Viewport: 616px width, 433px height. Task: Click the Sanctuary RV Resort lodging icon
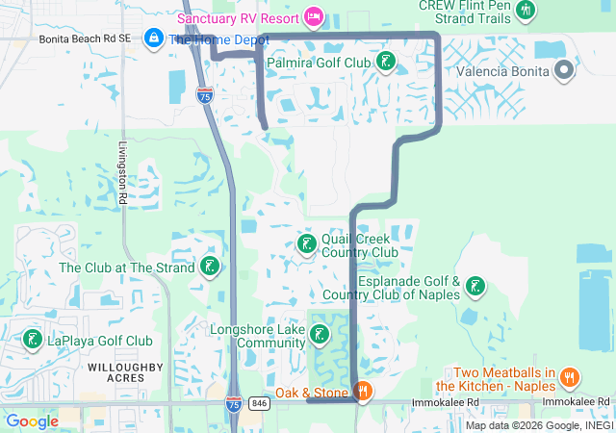[x=313, y=16]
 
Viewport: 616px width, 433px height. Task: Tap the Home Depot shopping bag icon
[x=153, y=38]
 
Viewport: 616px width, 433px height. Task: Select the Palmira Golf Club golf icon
[x=386, y=63]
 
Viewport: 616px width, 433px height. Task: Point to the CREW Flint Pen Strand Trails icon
[x=525, y=11]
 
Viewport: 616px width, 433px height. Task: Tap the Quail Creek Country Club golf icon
[x=306, y=243]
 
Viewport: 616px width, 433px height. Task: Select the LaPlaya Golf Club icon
[x=32, y=340]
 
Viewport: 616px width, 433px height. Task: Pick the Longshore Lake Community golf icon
[x=319, y=335]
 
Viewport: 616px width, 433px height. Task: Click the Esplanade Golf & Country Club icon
[x=475, y=286]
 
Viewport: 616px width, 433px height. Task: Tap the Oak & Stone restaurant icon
[x=363, y=391]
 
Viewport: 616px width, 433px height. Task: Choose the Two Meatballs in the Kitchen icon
[x=569, y=377]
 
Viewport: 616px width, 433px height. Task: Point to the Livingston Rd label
[x=122, y=174]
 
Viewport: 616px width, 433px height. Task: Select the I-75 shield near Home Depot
[x=204, y=95]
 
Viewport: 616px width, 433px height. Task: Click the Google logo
[x=32, y=421]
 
